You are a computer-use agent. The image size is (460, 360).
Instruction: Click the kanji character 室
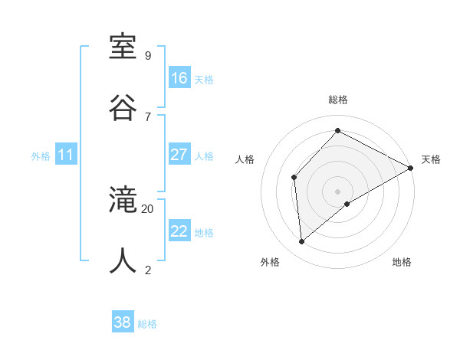[123, 47]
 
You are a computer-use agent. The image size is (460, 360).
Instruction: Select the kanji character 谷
[123, 107]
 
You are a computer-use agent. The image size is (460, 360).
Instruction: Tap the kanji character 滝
[123, 201]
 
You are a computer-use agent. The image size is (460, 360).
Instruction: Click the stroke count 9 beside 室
[148, 56]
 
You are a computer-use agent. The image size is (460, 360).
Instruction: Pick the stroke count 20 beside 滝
[148, 208]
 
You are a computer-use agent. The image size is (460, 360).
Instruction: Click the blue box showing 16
[179, 77]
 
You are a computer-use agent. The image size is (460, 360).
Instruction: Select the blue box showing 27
[179, 155]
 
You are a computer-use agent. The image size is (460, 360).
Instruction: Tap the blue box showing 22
[179, 231]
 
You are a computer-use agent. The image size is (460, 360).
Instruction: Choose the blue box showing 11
[66, 155]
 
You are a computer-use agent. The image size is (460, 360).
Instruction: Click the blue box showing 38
[123, 322]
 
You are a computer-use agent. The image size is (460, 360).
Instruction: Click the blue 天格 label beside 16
[204, 79]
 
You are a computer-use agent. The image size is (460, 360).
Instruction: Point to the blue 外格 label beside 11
[41, 156]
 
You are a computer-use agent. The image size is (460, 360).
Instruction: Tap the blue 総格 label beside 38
[147, 324]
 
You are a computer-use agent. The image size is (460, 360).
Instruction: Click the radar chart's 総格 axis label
[338, 100]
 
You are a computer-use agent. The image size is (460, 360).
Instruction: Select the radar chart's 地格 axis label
[402, 262]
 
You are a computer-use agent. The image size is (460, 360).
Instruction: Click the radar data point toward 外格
[302, 242]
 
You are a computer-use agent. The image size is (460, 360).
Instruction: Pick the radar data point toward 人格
[294, 178]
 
